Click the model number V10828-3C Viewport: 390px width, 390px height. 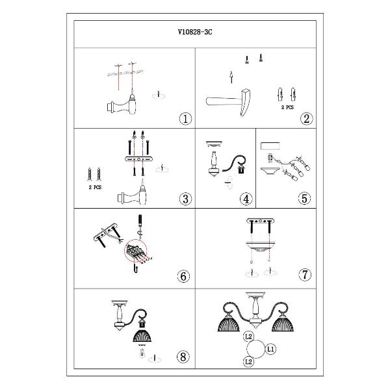click(x=195, y=32)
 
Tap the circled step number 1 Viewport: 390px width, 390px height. click(x=185, y=119)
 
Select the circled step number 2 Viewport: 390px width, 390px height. click(x=306, y=119)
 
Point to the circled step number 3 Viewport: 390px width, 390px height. click(x=185, y=199)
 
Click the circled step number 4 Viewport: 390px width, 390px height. click(x=246, y=199)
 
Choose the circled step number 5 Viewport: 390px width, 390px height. click(x=304, y=198)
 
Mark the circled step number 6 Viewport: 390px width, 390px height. click(x=183, y=276)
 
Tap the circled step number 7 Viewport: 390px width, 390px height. click(x=305, y=274)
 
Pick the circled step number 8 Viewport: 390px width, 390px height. click(x=183, y=357)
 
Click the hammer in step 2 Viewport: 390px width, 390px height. click(x=229, y=102)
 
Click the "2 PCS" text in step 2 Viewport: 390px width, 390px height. click(x=287, y=107)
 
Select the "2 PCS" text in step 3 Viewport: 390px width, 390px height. click(x=95, y=187)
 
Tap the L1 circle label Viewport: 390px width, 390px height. click(x=270, y=349)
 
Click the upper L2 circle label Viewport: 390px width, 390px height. click(x=248, y=337)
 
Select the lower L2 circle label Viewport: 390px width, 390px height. click(x=248, y=361)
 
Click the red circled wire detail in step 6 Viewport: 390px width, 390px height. click(x=136, y=250)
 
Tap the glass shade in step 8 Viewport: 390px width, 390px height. click(x=142, y=336)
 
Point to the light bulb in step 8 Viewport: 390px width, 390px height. click(x=142, y=353)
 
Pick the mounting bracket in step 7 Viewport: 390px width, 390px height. click(x=260, y=221)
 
